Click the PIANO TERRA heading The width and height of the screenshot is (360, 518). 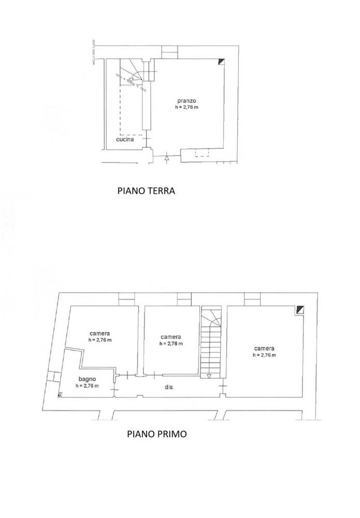(x=147, y=191)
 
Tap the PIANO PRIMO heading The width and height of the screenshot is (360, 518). (x=157, y=434)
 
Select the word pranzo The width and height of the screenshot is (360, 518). (x=185, y=101)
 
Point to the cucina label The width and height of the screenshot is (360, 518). (x=125, y=139)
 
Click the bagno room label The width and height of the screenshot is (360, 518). (x=87, y=379)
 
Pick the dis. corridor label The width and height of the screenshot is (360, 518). (x=169, y=387)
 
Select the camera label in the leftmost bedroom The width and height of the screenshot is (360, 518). (x=99, y=333)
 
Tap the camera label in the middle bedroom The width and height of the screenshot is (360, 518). (x=170, y=336)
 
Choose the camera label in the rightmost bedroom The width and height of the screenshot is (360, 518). (x=264, y=348)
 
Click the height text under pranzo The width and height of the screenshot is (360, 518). (x=186, y=108)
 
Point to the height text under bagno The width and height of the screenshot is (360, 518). (x=87, y=386)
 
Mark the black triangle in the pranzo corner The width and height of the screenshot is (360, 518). (x=221, y=62)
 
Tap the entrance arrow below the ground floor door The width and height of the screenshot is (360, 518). (x=166, y=158)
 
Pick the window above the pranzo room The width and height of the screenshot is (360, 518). (x=169, y=52)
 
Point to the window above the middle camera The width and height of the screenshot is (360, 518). (x=184, y=299)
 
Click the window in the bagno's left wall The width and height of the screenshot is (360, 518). (x=52, y=377)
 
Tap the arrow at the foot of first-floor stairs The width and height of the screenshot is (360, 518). (x=209, y=376)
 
